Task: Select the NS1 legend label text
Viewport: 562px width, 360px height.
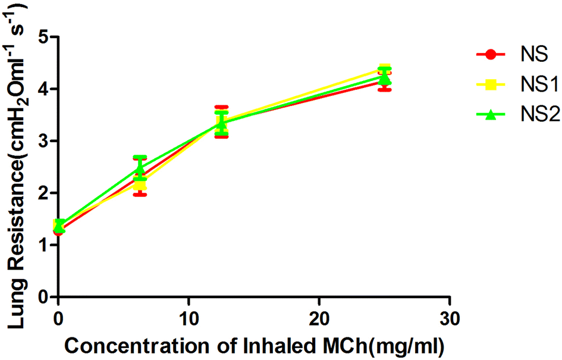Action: [x=533, y=85]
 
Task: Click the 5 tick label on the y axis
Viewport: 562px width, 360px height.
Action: [x=42, y=37]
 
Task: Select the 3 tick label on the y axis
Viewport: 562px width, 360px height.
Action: [x=42, y=141]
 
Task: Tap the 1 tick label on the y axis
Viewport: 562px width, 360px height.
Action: [x=42, y=245]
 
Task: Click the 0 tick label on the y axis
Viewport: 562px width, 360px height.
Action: [x=42, y=296]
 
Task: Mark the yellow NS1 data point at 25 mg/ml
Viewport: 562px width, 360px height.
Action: [x=385, y=68]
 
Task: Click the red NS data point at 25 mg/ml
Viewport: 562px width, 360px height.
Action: [x=385, y=82]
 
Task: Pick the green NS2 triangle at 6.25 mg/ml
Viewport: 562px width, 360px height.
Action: [x=140, y=170]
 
